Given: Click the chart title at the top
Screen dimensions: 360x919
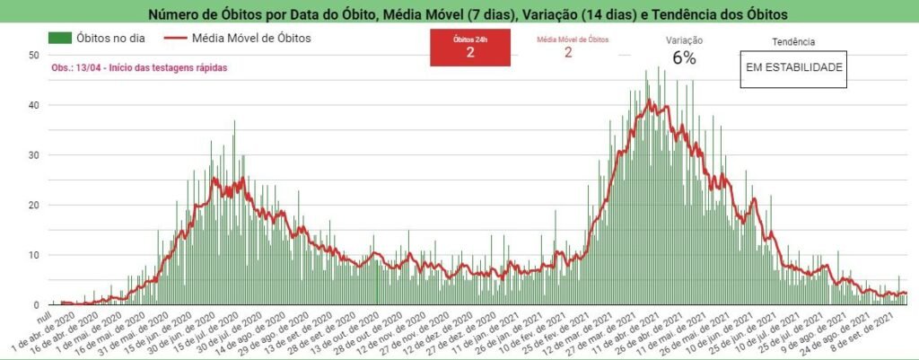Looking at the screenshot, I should [459, 13].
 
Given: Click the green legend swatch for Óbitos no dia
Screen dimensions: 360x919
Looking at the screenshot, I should [60, 38].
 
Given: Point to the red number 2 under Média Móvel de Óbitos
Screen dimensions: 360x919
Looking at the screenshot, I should [568, 52].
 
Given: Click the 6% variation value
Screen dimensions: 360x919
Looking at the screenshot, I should [684, 57].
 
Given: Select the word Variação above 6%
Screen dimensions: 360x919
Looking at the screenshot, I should [684, 40].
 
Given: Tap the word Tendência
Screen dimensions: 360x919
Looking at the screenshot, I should [793, 41].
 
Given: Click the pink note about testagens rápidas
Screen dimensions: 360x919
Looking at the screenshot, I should [127, 67].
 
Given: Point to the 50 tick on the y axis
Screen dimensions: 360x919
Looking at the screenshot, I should [35, 55].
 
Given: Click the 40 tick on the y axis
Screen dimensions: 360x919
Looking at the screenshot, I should [35, 105].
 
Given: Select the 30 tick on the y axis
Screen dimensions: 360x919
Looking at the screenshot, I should [35, 155].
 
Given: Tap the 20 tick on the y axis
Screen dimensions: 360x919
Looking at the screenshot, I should [35, 206].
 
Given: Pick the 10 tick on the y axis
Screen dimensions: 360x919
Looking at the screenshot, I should [35, 256].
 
